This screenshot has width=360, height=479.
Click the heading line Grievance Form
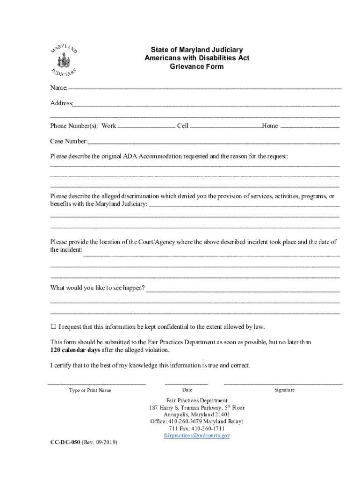[196, 66]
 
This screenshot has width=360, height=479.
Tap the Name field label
[59, 88]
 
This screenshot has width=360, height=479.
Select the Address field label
[61, 103]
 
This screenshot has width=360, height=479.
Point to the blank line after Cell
[226, 126]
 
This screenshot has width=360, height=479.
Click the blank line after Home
[310, 126]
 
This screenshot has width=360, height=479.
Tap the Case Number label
[69, 141]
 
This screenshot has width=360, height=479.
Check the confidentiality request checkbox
[53, 327]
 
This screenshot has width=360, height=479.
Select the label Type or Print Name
[90, 390]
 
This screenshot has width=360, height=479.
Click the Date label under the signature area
[187, 390]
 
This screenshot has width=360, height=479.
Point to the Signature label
[284, 390]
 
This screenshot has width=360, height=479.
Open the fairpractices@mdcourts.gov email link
[197, 435]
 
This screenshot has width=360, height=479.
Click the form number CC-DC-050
[65, 442]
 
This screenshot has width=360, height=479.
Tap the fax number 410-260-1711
[207, 428]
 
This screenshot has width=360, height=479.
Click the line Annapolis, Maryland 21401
[197, 414]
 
